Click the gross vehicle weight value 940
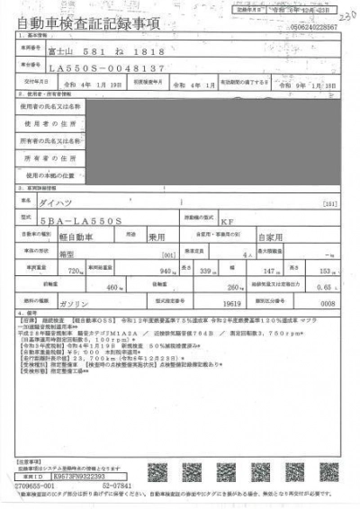[164, 271]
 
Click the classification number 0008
[328, 305]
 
